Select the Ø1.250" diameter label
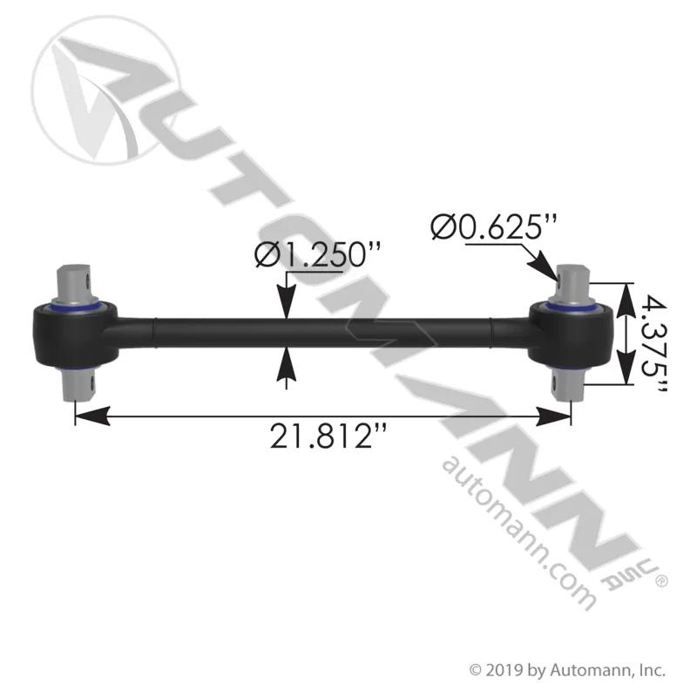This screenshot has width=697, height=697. (318, 255)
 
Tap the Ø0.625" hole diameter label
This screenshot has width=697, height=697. (494, 227)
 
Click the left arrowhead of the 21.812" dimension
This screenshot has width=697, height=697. (92, 416)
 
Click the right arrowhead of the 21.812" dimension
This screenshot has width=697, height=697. (554, 416)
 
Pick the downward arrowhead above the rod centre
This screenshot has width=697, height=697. (287, 302)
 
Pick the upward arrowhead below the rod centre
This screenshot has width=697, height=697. (287, 363)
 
